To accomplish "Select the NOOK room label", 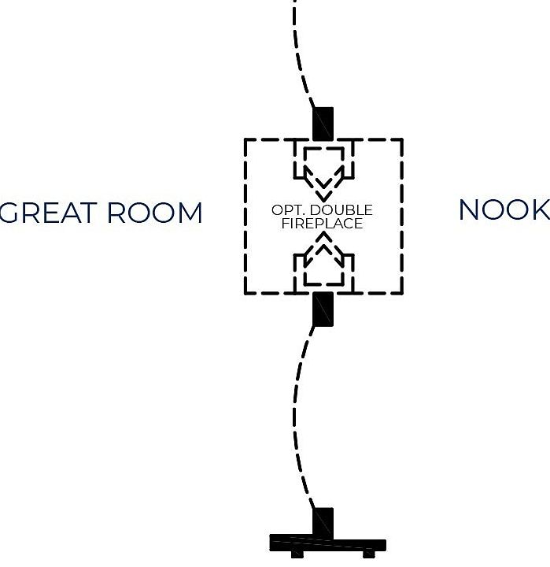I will tap(504, 210).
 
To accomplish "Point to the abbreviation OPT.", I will tap(286, 211).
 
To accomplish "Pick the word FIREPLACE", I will tap(322, 224).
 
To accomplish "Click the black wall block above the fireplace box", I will tap(323, 124).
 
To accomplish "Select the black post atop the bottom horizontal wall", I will tap(323, 521).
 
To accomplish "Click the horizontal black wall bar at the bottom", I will tap(327, 543).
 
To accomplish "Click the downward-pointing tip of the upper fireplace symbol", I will tap(323, 197).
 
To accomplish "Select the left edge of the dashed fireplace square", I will tap(245, 217).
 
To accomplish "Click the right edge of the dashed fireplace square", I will tap(402, 217).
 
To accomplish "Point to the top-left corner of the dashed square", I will tap(245, 140).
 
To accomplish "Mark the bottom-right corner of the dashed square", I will tap(402, 293).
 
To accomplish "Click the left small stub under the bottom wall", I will tap(297, 554).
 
